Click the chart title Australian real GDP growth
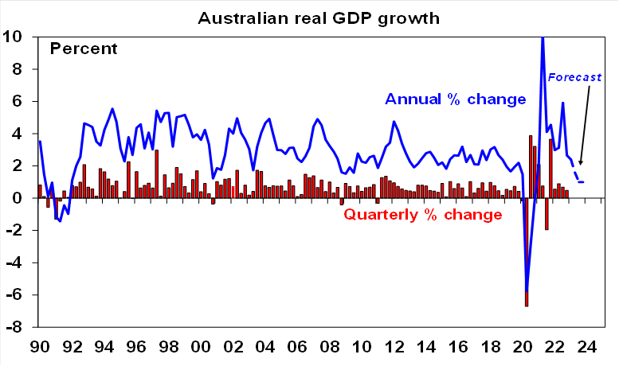308,17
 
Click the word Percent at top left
84,49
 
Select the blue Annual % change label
456,99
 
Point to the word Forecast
574,78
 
